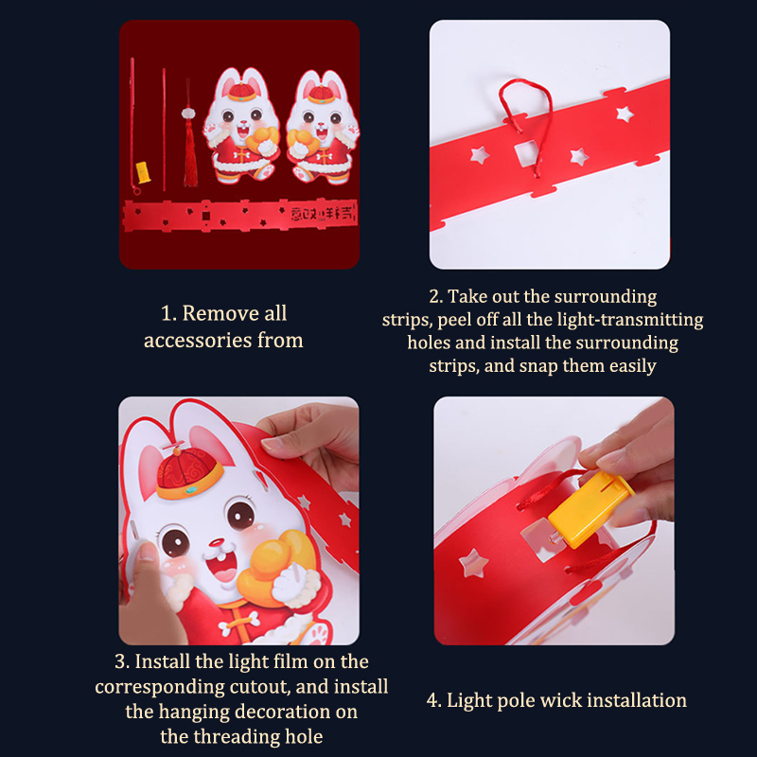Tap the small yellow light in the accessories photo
(x=144, y=172)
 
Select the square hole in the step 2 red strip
(x=526, y=153)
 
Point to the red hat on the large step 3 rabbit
(x=188, y=473)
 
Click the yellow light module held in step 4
(x=590, y=509)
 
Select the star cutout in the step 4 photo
(x=473, y=563)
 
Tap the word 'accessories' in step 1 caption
(x=198, y=341)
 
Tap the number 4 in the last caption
(x=432, y=700)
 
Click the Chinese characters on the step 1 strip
(x=323, y=213)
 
